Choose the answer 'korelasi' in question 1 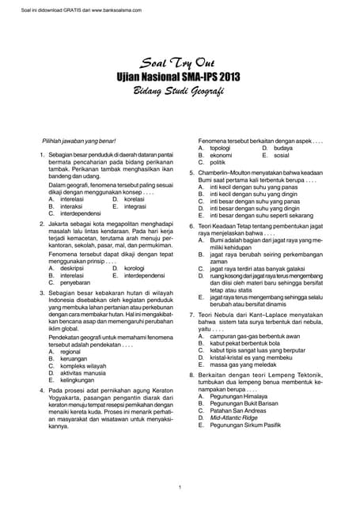coord(135,199)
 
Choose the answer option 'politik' coord(218,162)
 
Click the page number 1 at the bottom coord(180,486)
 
